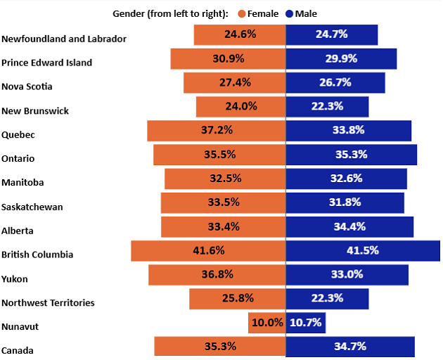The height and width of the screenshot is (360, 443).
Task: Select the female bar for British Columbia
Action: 208,251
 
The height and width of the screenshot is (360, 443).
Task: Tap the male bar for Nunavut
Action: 306,323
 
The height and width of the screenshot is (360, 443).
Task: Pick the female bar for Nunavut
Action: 267,323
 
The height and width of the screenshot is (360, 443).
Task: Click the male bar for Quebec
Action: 348,131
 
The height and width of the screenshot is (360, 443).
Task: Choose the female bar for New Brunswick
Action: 240,107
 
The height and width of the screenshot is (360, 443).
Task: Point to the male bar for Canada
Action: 349,347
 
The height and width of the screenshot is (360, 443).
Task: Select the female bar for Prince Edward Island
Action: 228,59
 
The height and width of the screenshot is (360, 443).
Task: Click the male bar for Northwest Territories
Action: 327,299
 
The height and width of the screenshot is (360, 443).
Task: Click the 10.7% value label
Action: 307,323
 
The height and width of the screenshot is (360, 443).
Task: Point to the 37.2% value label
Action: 217,131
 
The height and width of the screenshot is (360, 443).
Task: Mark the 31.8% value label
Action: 345,202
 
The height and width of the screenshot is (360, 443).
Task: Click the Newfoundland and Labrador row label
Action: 64,39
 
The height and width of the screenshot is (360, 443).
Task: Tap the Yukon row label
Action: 15,279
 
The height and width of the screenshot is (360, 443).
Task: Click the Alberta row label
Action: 18,231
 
